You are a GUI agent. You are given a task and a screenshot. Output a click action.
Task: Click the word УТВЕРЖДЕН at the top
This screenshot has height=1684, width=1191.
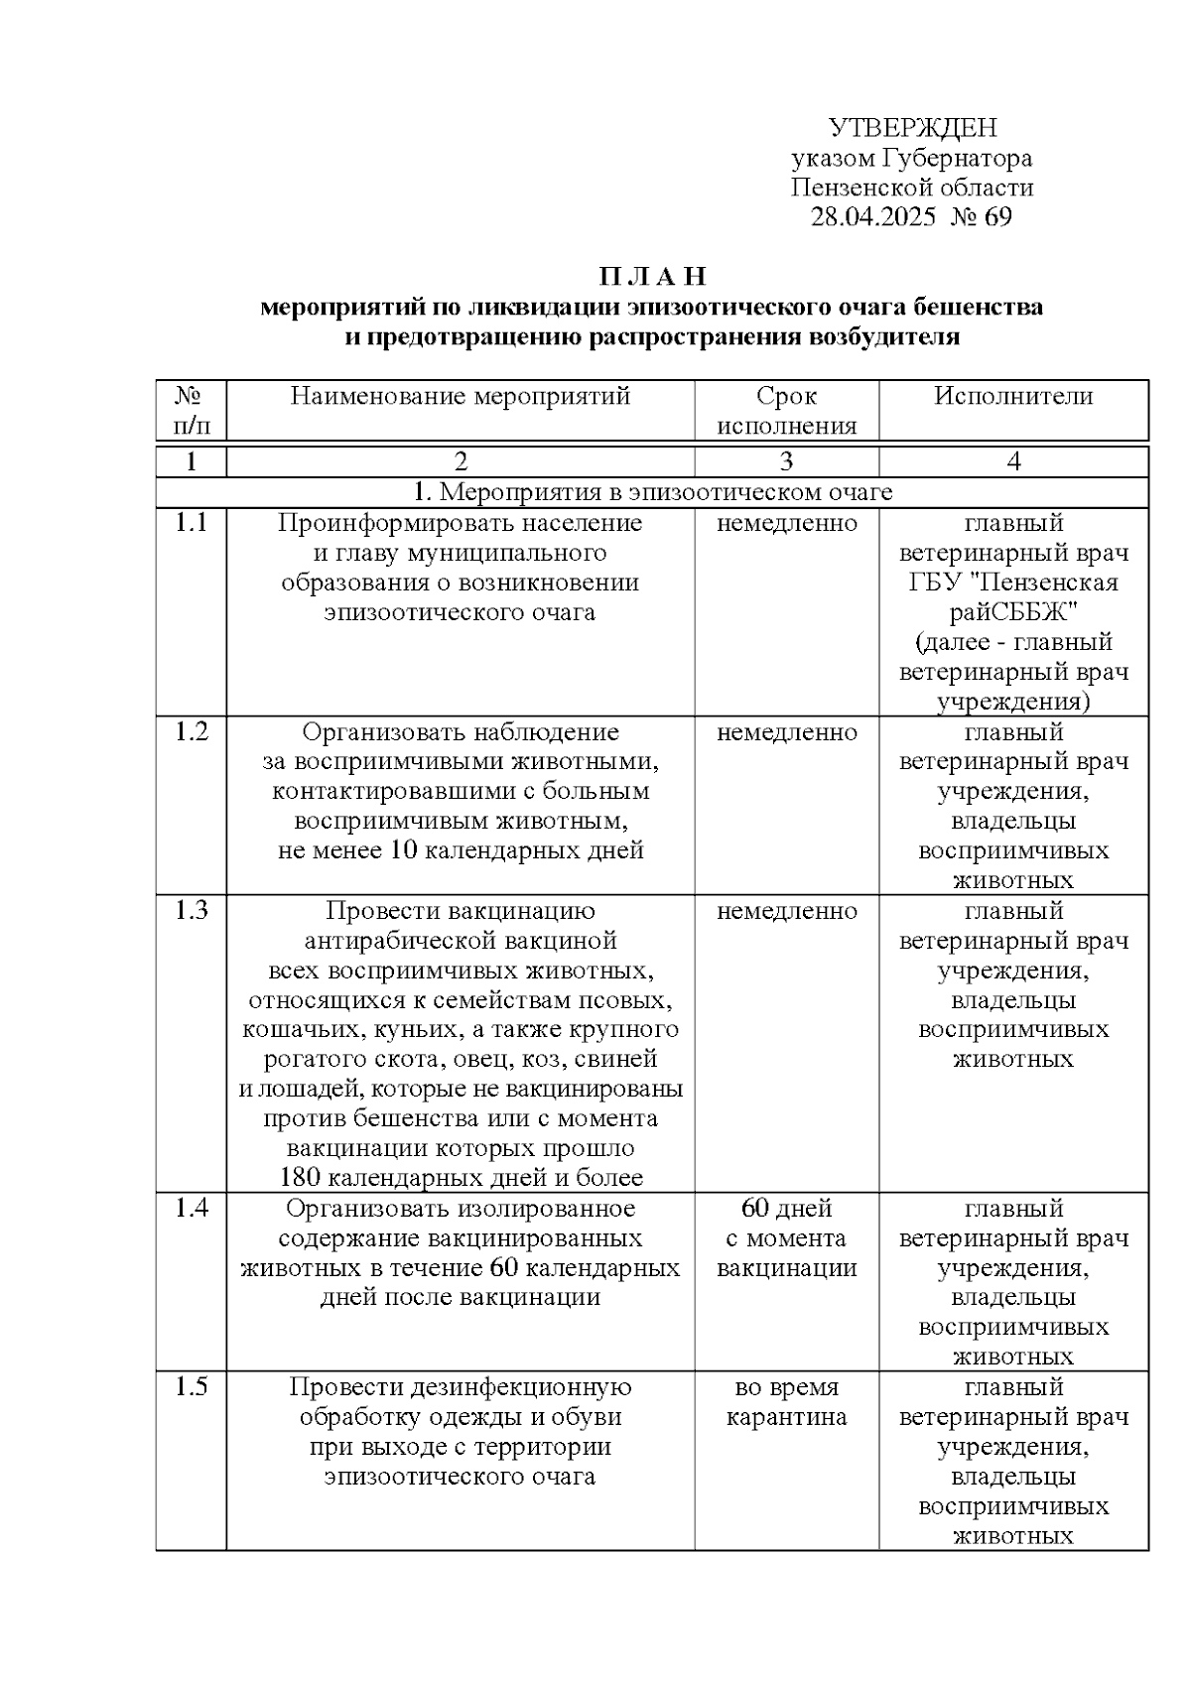pyautogui.click(x=911, y=128)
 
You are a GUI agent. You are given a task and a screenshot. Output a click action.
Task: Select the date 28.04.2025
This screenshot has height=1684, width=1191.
pyautogui.click(x=872, y=217)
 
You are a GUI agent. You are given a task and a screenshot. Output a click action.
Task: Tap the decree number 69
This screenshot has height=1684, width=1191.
pyautogui.click(x=997, y=217)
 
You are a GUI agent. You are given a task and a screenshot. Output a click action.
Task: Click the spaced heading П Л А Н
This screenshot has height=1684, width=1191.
pyautogui.click(x=652, y=276)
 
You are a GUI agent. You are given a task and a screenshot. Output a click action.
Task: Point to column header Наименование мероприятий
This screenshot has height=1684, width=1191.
pyautogui.click(x=461, y=397)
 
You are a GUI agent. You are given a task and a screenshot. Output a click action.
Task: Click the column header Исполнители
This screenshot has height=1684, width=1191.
pyautogui.click(x=1012, y=397)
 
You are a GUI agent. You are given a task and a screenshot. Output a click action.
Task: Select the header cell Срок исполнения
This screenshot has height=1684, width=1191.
pyautogui.click(x=786, y=411)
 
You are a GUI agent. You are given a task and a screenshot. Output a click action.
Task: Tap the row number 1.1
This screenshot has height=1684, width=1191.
pyautogui.click(x=191, y=523)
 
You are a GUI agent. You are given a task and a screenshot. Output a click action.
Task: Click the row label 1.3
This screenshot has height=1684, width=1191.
pyautogui.click(x=191, y=910)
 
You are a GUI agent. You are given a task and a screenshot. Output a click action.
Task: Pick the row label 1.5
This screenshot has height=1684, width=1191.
pyautogui.click(x=191, y=1386)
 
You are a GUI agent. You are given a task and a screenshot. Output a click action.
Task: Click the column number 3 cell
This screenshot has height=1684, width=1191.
pyautogui.click(x=786, y=461)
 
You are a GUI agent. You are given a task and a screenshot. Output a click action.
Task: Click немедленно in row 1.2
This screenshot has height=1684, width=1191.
pyautogui.click(x=786, y=732)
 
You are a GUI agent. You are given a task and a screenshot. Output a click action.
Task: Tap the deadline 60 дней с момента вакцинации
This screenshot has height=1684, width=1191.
pyautogui.click(x=786, y=1237)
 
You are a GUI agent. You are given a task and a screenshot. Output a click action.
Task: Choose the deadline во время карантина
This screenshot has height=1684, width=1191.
pyautogui.click(x=786, y=1401)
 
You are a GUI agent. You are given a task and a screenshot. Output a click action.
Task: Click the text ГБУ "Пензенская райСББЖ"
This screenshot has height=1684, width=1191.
pyautogui.click(x=1012, y=596)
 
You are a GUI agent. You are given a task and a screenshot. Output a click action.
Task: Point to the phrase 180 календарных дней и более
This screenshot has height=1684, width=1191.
pyautogui.click(x=461, y=1178)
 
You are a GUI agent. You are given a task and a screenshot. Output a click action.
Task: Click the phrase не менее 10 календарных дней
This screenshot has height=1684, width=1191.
pyautogui.click(x=461, y=850)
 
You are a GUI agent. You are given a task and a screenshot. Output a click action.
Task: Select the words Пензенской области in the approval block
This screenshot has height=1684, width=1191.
pyautogui.click(x=911, y=188)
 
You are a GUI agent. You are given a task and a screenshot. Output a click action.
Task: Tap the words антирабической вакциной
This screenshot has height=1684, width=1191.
pyautogui.click(x=461, y=940)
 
